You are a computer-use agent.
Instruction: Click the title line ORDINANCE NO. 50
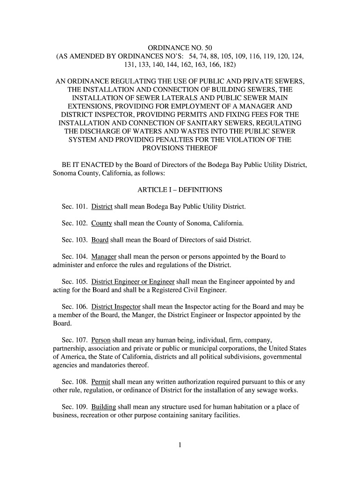coord(180,48)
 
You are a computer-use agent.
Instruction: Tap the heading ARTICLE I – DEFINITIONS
coord(180,190)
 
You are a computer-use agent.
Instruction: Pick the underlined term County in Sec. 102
coord(101,223)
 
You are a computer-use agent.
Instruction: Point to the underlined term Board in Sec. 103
coord(100,240)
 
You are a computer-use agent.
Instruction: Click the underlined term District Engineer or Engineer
coord(133,282)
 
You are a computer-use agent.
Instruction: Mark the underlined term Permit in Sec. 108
coord(101,382)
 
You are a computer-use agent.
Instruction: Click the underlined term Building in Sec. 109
coord(104,407)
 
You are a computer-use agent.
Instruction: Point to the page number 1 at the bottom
coord(180,445)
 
